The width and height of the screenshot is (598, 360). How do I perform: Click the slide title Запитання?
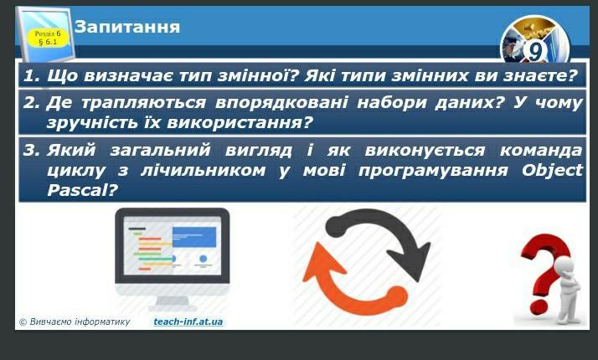coord(127,27)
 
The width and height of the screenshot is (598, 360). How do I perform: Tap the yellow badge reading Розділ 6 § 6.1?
coord(48,38)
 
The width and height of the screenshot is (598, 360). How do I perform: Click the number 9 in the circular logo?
coord(535,51)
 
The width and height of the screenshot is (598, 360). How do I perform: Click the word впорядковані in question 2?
coord(281,103)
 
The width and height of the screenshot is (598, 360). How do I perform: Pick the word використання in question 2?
coord(240,123)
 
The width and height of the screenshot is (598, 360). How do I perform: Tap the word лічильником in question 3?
coord(203,171)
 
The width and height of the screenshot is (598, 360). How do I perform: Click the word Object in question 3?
coord(552,171)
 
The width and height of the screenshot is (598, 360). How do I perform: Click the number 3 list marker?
coord(30,150)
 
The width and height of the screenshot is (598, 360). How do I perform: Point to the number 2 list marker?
coord(30,103)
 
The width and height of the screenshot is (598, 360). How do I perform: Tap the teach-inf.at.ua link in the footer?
coord(188,321)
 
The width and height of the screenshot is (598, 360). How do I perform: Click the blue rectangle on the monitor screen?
coord(194,237)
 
